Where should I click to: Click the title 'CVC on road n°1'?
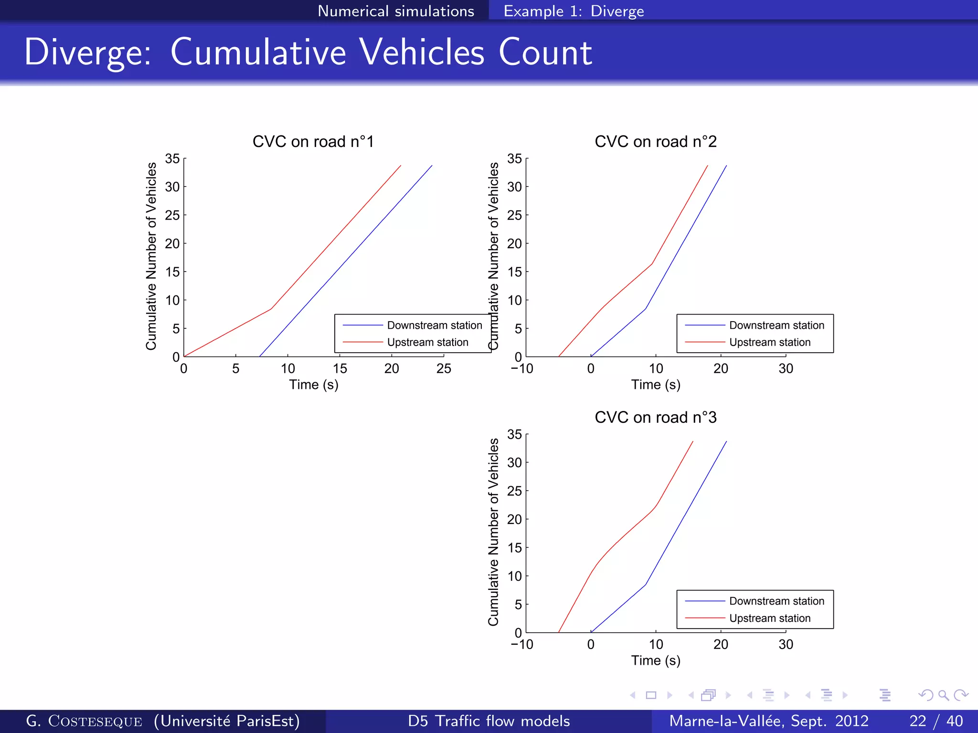(313, 142)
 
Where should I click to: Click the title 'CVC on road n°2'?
(655, 142)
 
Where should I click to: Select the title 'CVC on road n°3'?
(655, 418)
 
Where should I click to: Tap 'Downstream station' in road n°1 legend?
(434, 325)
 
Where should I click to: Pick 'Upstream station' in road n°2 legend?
(769, 343)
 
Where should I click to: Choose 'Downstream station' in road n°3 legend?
(776, 601)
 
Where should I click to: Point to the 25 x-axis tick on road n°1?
(444, 368)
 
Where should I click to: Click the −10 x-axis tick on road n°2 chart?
(522, 368)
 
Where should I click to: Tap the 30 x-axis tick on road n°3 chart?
(786, 644)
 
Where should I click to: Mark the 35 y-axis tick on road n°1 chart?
(172, 158)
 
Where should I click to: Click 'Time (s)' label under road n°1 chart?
(313, 385)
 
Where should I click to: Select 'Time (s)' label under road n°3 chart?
(655, 660)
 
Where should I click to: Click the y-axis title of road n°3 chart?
(493, 532)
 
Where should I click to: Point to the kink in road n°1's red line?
(271, 309)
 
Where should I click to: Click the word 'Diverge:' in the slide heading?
(87, 52)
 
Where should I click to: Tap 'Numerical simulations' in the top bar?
(396, 11)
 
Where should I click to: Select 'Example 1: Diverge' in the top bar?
(574, 11)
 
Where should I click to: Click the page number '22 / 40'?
(935, 721)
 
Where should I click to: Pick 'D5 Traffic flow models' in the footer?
(489, 721)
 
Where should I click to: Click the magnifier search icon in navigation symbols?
(943, 695)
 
